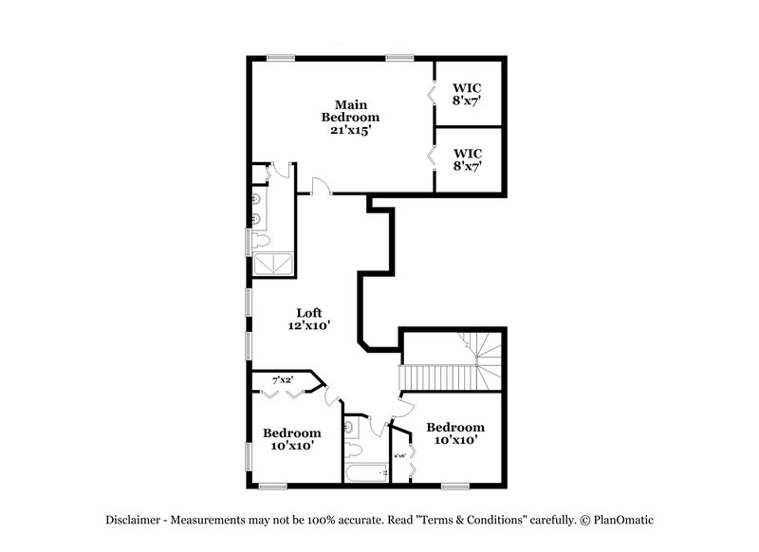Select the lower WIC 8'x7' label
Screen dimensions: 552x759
(x=468, y=158)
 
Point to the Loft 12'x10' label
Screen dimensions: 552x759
(x=309, y=318)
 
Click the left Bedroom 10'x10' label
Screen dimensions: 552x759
(x=291, y=438)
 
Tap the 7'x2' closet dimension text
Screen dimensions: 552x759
(x=282, y=380)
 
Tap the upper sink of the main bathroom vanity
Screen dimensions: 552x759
(x=257, y=199)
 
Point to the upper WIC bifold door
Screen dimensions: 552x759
(x=432, y=94)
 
